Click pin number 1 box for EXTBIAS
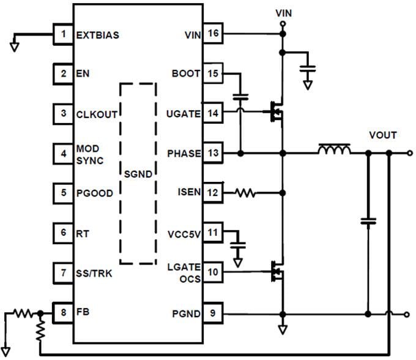click(x=64, y=34)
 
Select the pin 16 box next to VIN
click(x=212, y=34)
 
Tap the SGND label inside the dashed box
click(x=138, y=174)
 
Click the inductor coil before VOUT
click(x=333, y=149)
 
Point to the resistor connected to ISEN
click(x=245, y=193)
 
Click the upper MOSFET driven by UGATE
click(x=275, y=111)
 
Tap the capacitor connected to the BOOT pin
click(x=241, y=97)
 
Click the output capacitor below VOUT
click(x=368, y=221)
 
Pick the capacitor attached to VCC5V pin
click(x=239, y=244)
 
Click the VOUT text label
click(x=382, y=135)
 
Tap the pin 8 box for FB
click(x=64, y=312)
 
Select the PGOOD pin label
click(x=94, y=193)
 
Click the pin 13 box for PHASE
click(x=212, y=153)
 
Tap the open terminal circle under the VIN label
click(x=282, y=24)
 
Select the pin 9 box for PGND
click(x=212, y=314)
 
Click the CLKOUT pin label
click(x=96, y=114)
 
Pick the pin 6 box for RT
click(x=64, y=233)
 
